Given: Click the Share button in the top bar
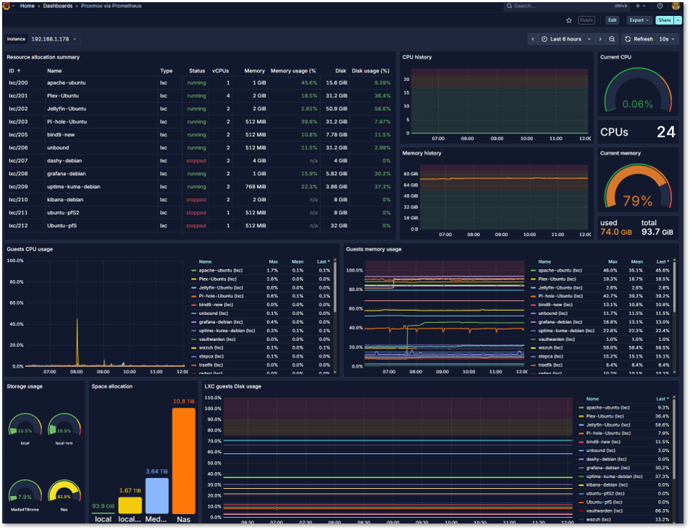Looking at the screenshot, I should click(663, 20).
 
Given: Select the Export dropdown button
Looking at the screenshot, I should click(638, 20).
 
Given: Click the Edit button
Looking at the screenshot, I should click(612, 20).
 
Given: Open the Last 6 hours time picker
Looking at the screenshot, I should click(565, 39).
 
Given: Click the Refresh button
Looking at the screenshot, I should click(639, 39).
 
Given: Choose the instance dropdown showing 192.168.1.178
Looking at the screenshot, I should click(54, 39).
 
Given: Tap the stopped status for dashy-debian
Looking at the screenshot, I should click(195, 161).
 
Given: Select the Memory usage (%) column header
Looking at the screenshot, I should click(293, 71).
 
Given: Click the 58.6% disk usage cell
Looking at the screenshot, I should click(382, 109).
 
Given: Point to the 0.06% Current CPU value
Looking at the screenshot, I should click(637, 104).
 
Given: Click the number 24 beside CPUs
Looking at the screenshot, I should click(665, 132).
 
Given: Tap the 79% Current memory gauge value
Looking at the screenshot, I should click(638, 201).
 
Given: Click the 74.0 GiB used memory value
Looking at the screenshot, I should click(615, 232).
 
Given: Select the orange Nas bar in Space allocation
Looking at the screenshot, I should click(183, 460).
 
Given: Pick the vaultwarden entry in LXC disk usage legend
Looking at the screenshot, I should click(605, 510).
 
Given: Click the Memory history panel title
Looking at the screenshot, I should click(422, 153).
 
